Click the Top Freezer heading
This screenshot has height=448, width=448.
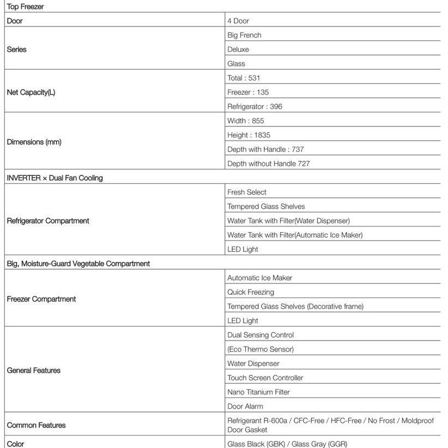coord(25,7)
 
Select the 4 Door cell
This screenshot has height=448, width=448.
coord(238,21)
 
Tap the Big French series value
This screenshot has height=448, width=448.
coord(244,35)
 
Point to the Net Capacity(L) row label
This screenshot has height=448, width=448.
coord(31,92)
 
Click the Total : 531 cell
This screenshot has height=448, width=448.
coord(244,78)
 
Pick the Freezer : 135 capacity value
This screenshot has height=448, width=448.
coord(248,92)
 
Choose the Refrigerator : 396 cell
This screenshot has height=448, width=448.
coord(255,107)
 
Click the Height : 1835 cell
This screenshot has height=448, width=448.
coord(249,135)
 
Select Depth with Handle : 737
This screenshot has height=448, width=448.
coord(265,149)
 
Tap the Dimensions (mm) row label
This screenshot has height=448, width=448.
coord(34,142)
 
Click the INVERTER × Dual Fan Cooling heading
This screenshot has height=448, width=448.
coord(55,178)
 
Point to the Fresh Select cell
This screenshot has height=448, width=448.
coord(247,192)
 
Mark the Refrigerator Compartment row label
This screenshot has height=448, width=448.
coord(48,221)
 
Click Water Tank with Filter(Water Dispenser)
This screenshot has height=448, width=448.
coord(288,221)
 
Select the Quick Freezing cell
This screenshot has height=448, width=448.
coord(251,292)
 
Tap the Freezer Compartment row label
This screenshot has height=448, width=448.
coord(41,299)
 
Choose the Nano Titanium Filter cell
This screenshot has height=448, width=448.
coord(258,392)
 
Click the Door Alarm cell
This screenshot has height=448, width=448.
coord(245,406)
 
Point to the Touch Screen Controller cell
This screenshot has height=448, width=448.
coord(265,378)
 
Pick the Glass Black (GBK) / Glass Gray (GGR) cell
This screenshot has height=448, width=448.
coord(287,444)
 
